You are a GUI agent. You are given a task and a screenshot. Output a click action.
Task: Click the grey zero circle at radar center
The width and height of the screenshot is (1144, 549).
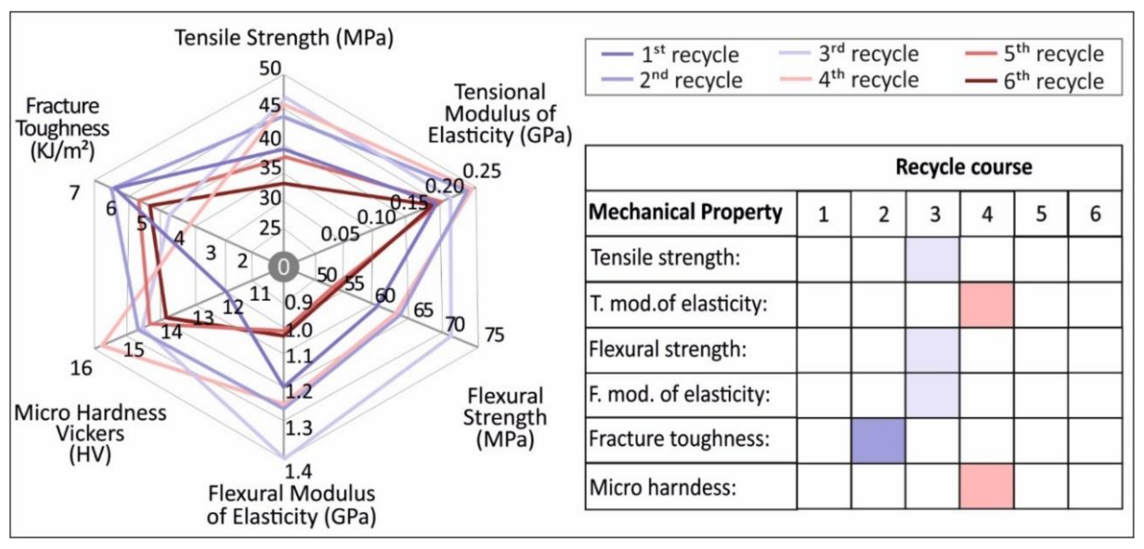(284, 267)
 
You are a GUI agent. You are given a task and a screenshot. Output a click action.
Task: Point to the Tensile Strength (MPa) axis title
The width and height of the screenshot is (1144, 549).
(284, 38)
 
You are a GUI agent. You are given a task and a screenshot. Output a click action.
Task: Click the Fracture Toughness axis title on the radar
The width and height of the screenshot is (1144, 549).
(62, 129)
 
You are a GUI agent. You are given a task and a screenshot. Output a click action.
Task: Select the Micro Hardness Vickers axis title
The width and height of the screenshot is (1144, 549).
(90, 434)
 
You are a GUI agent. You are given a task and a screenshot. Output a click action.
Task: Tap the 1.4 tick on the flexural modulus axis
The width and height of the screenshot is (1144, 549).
(298, 471)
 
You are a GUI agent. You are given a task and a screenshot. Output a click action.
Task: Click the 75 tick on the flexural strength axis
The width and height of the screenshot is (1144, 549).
(494, 335)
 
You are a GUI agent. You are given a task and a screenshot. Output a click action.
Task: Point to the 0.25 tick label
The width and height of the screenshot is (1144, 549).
(481, 171)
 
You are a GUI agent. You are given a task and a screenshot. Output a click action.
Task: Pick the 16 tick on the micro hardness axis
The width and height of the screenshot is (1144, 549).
(81, 368)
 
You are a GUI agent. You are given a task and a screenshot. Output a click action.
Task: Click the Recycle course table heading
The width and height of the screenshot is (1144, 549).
(963, 167)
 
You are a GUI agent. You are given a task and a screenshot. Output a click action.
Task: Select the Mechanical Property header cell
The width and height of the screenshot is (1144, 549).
(685, 212)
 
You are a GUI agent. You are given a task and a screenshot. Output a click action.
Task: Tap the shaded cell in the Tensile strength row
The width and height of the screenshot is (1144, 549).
(932, 259)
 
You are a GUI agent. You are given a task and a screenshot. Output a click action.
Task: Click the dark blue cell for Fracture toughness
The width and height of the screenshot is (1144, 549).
(878, 440)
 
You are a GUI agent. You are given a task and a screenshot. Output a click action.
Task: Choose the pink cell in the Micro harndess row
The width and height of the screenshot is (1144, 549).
(987, 487)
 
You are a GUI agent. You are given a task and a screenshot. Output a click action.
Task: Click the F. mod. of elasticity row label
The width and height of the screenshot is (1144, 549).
(680, 394)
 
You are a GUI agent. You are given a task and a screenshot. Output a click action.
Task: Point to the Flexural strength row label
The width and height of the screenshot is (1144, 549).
(667, 349)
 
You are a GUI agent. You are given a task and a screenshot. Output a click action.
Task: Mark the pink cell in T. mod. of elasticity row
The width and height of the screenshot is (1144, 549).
(987, 304)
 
